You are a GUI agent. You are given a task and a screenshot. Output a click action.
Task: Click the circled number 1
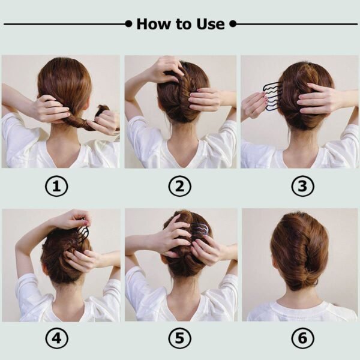pyautogui.click(x=57, y=187)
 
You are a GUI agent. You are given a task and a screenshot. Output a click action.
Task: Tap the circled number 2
pyautogui.click(x=179, y=187)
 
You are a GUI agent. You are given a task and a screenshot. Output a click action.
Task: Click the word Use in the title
pyautogui.click(x=210, y=24)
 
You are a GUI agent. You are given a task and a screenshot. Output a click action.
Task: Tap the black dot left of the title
pyautogui.click(x=128, y=24)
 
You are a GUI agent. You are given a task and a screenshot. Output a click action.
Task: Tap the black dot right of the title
pyautogui.click(x=233, y=24)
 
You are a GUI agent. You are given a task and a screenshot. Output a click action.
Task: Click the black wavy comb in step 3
pyautogui.click(x=273, y=96)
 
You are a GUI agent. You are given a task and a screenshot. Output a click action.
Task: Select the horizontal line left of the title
pyautogui.click(x=63, y=24)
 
